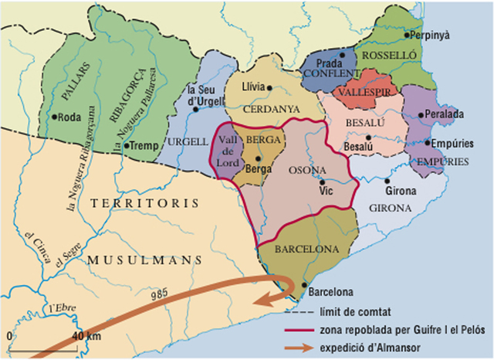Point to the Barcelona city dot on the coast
tap(303, 284)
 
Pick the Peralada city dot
tap(419, 115)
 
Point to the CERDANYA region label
tap(271, 109)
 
